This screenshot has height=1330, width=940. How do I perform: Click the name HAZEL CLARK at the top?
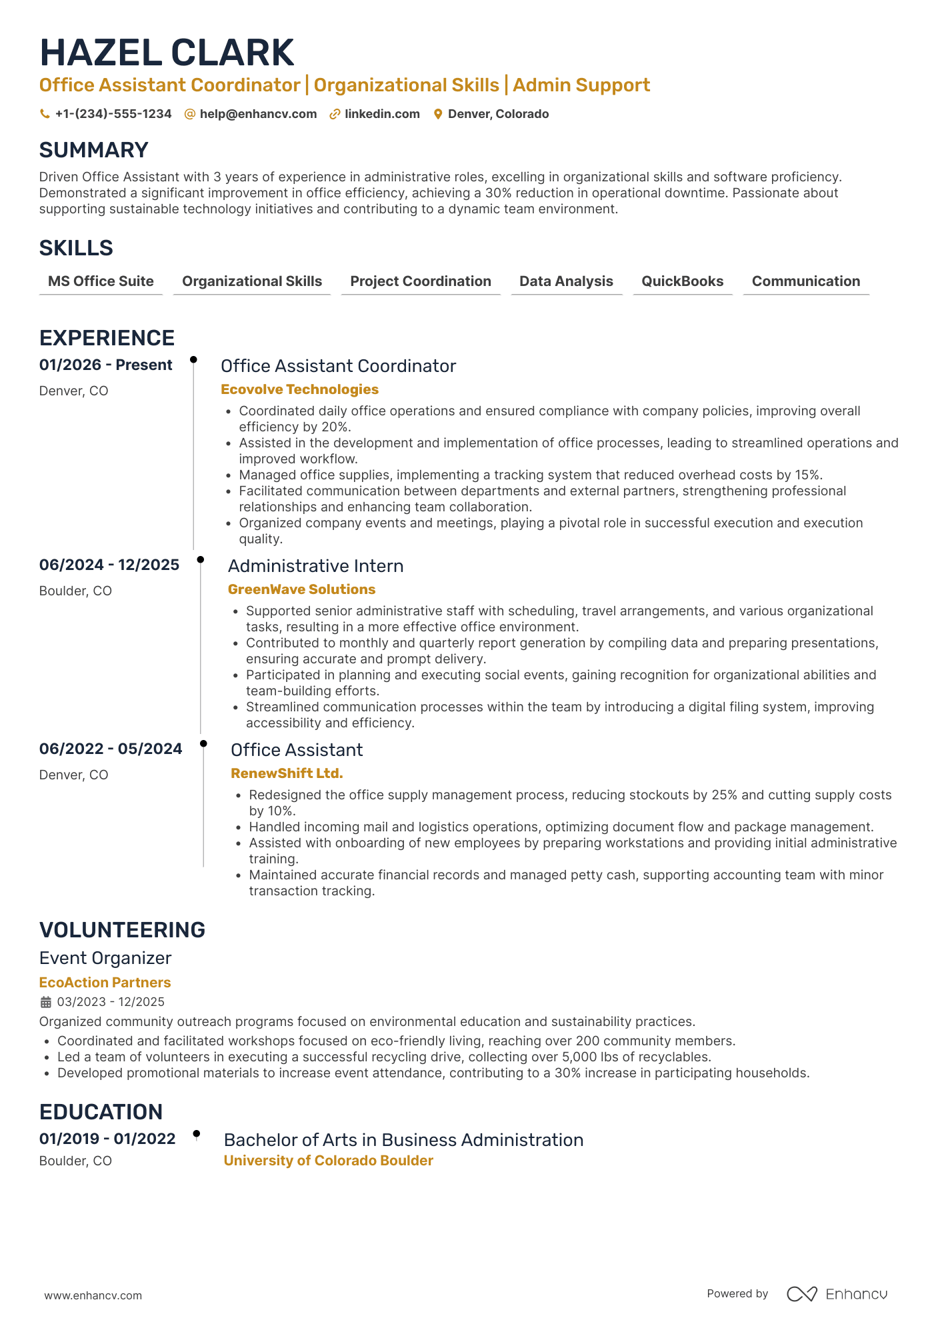(x=167, y=53)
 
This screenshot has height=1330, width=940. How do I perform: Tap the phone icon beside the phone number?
(x=45, y=114)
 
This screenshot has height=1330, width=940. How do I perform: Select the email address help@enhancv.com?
(x=258, y=114)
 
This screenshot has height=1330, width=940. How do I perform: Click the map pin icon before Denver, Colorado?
(x=438, y=114)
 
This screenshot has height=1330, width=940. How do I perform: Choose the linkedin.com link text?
(x=382, y=114)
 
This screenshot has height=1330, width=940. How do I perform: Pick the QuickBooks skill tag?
(x=682, y=281)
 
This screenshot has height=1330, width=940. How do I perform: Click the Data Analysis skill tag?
(x=566, y=281)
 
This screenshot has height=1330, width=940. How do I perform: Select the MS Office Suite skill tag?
(x=101, y=281)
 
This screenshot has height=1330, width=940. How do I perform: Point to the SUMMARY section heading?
(x=93, y=150)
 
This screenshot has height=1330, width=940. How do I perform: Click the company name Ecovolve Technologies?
(x=299, y=389)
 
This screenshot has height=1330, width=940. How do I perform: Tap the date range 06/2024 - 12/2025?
(x=109, y=565)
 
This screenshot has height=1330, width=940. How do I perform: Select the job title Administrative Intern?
(x=315, y=566)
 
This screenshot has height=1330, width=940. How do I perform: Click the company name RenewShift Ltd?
(x=287, y=773)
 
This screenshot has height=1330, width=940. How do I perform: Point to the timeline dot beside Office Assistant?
(x=204, y=743)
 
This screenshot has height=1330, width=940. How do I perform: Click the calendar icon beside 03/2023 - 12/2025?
(x=46, y=1002)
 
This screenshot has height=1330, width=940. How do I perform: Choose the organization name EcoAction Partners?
(x=105, y=983)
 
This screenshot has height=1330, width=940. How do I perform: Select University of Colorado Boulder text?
(x=328, y=1161)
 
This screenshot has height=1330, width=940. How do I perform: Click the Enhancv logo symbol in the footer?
(x=801, y=1294)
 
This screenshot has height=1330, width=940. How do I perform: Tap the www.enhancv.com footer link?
(x=93, y=1295)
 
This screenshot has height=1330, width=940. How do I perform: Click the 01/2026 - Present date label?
(x=105, y=365)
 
